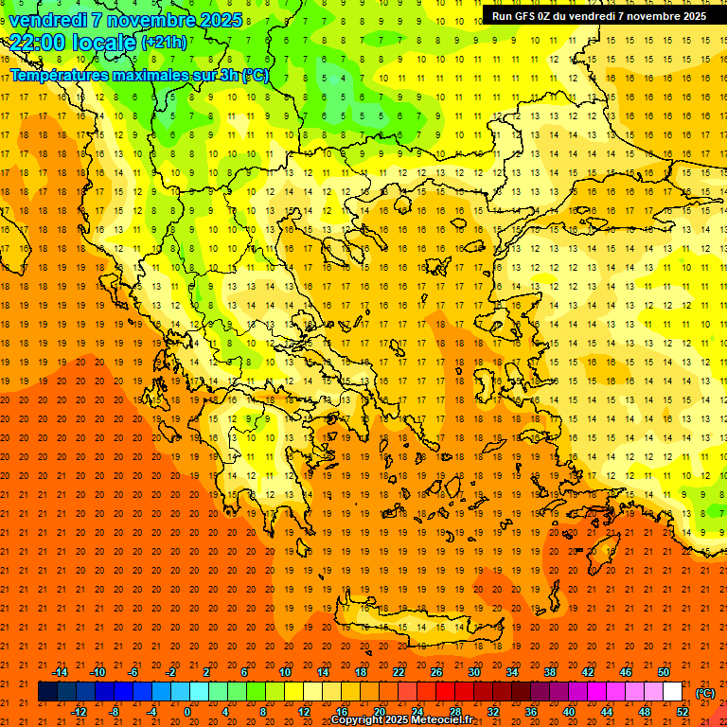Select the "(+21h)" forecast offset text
[164, 42]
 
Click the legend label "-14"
[61, 671]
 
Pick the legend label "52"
[682, 712]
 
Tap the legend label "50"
[663, 671]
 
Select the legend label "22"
[399, 671]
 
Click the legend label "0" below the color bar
[186, 712]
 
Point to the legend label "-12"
[80, 712]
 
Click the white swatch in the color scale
[672, 692]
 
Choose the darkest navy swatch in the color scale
[47, 692]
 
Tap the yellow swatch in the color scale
[293, 692]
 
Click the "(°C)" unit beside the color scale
[705, 692]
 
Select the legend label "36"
[530, 712]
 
